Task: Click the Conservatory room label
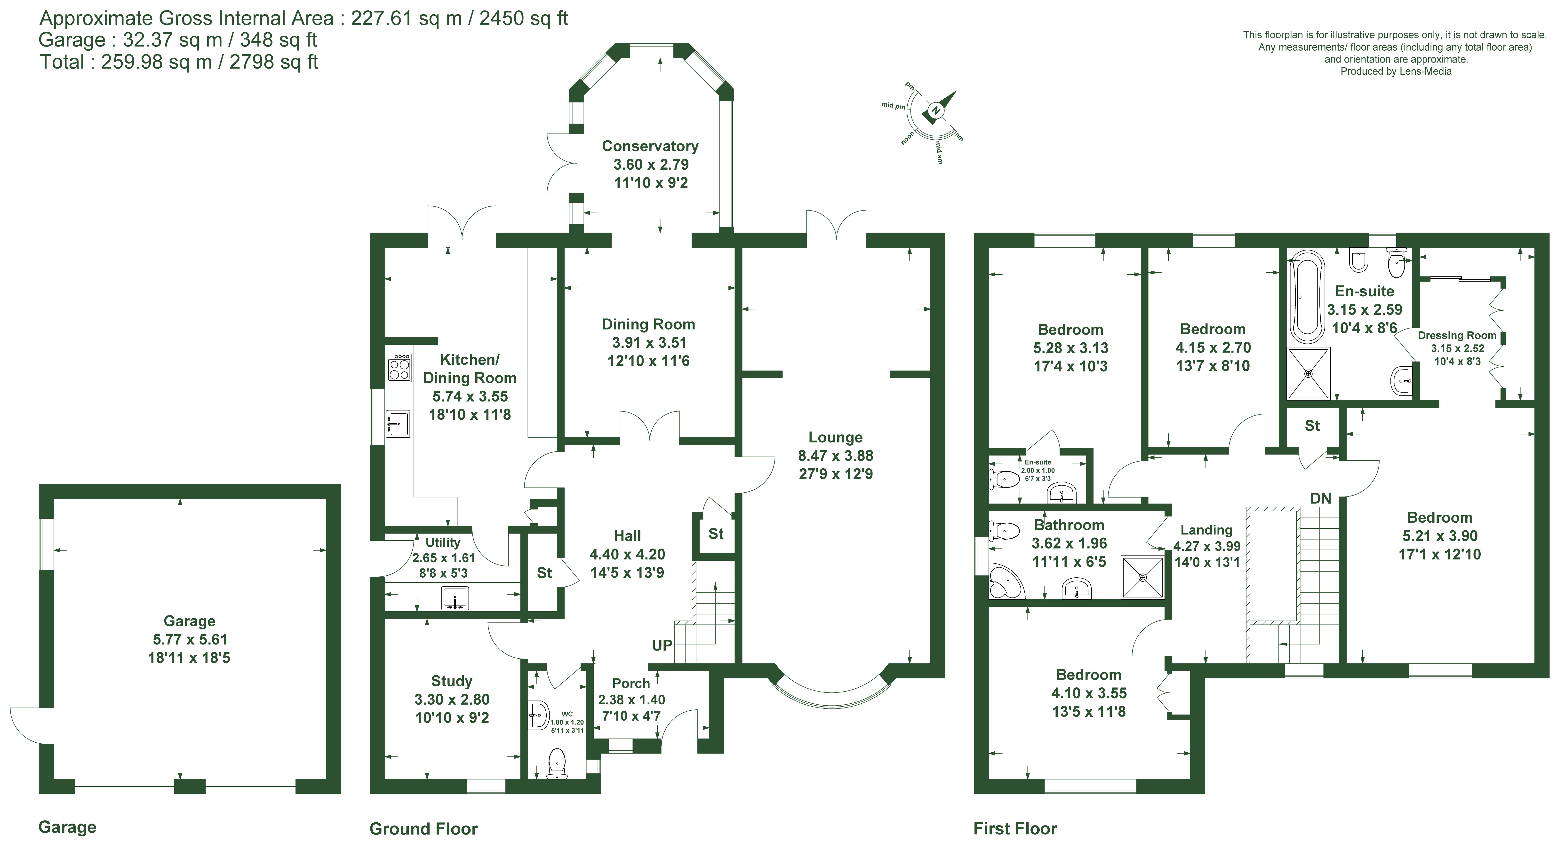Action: (x=650, y=146)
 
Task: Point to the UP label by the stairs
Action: (x=662, y=645)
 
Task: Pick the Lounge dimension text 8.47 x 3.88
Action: (x=836, y=456)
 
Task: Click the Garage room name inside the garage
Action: (x=190, y=621)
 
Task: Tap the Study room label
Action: (x=451, y=681)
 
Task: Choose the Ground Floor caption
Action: (x=423, y=829)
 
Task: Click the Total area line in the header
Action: (x=179, y=62)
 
